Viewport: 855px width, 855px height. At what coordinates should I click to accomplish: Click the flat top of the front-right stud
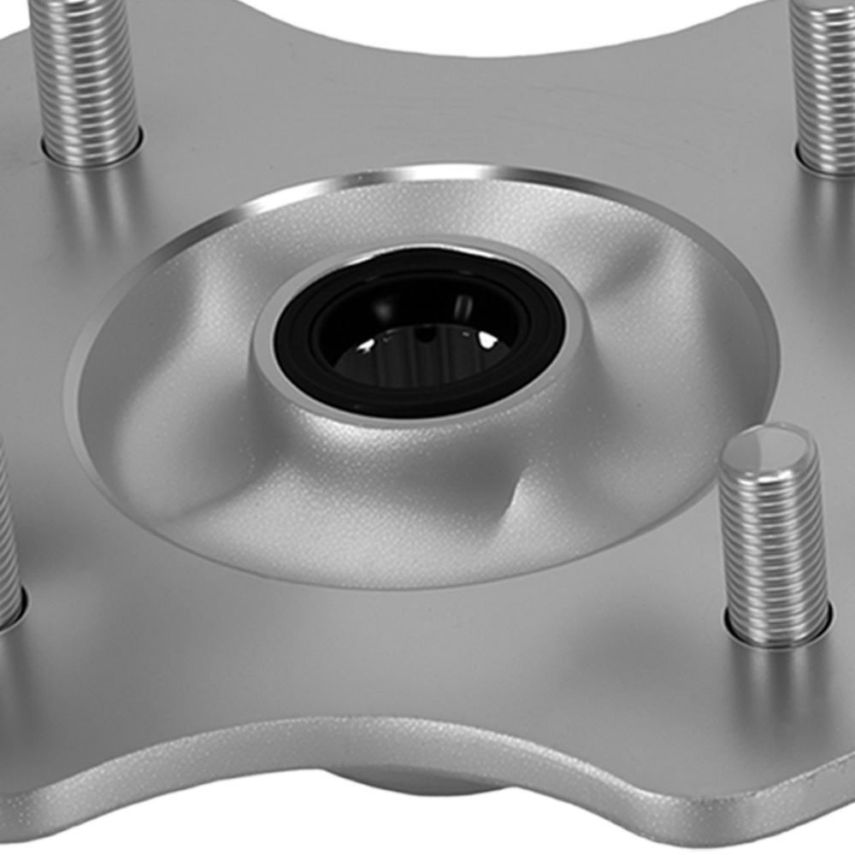tap(767, 446)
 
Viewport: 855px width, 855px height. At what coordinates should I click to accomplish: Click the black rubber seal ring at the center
tap(295, 342)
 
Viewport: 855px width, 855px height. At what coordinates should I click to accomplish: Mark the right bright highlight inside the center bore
tap(488, 340)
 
